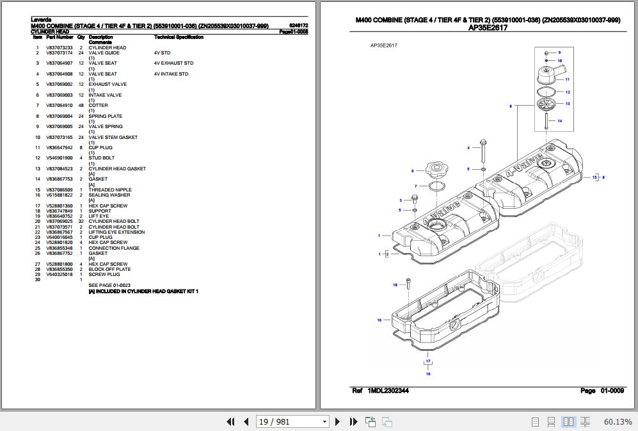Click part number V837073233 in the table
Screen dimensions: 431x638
point(59,48)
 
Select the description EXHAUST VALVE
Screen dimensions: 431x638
point(108,85)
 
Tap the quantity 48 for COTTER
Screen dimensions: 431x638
point(81,106)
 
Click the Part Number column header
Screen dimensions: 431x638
point(60,37)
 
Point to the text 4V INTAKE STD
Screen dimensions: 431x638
point(171,74)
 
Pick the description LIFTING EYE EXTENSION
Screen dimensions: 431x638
point(116,232)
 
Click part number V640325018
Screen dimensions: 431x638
point(59,275)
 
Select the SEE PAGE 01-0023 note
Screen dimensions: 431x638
point(109,285)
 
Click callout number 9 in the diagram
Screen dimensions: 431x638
point(559,53)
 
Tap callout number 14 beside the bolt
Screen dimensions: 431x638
point(559,121)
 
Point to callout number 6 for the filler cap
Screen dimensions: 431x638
point(413,171)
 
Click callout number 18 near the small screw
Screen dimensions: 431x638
point(395,284)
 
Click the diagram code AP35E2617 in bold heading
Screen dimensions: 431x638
point(487,28)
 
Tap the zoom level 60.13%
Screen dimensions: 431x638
point(618,421)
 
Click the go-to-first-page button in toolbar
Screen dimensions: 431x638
point(231,421)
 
